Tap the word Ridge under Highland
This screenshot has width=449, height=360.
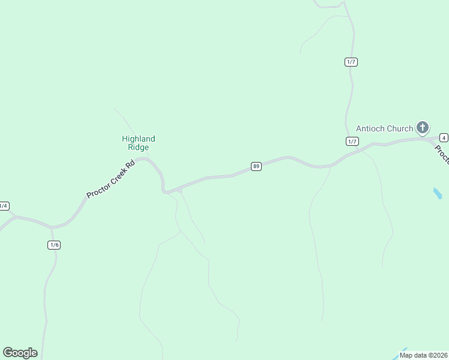(x=139, y=147)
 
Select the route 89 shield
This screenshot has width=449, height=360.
(x=256, y=166)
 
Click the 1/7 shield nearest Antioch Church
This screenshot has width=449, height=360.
(x=352, y=141)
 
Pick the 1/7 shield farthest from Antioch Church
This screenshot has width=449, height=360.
(x=351, y=62)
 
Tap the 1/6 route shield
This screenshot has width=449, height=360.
(x=54, y=245)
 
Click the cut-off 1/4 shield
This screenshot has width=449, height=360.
(x=4, y=206)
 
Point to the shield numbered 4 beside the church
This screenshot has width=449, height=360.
(x=444, y=137)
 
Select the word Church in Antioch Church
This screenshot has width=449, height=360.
(x=400, y=128)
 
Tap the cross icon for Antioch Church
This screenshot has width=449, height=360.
(x=423, y=127)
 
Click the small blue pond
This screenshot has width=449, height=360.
(x=438, y=193)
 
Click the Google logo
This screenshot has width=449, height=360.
(x=20, y=353)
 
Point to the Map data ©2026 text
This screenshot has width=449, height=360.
(x=423, y=355)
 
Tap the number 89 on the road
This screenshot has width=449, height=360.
(x=256, y=166)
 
